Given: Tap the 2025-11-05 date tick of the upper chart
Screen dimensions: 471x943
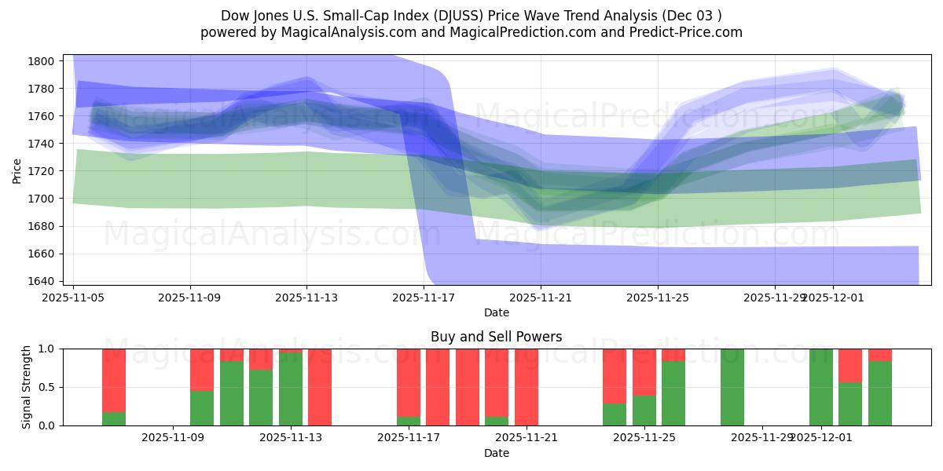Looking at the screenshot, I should pos(74,298).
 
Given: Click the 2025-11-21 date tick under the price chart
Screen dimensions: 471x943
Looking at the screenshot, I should pos(541,298).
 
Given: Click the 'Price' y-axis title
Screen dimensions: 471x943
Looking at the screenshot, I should pos(17,171).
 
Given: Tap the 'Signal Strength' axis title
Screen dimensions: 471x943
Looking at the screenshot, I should pos(27,387).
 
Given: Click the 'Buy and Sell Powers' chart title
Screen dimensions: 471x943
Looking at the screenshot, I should pos(496,337).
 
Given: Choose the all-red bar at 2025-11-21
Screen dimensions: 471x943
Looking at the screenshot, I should pos(527,387).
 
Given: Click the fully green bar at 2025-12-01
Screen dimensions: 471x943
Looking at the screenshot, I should pos(820,387).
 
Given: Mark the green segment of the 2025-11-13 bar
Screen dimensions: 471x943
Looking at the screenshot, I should pos(291,389).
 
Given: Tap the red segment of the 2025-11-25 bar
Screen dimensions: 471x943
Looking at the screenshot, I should pos(644,371).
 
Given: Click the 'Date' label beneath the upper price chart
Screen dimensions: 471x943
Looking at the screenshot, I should pos(496,312).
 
